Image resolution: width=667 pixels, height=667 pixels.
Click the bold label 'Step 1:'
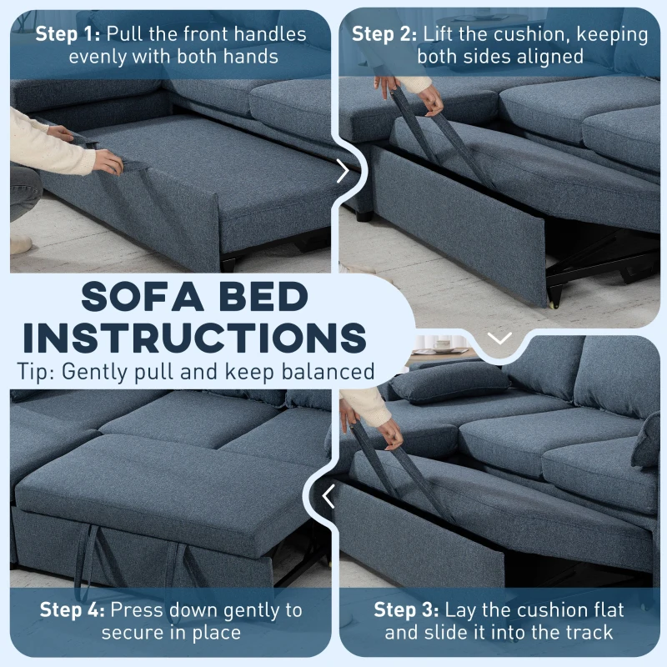68,35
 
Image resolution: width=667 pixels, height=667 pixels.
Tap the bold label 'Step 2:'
384,35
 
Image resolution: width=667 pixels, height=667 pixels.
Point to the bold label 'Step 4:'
73,610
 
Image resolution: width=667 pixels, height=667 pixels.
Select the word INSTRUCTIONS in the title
191,338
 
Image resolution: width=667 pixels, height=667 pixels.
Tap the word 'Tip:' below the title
35,372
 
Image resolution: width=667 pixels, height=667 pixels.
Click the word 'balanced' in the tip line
330,372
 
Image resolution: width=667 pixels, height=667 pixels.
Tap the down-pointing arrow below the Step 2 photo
499,338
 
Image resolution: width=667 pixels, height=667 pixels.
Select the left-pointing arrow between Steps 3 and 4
328,497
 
